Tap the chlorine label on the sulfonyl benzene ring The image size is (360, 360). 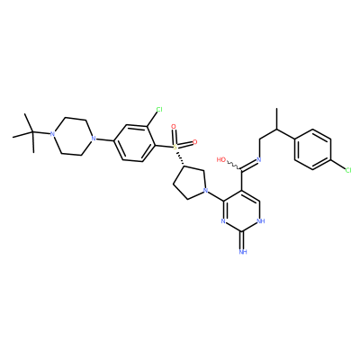pyautogui.click(x=159, y=110)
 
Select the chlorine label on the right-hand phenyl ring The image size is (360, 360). pyautogui.click(x=348, y=170)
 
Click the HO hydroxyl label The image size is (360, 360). pyautogui.click(x=221, y=159)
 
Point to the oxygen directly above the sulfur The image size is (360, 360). pyautogui.click(x=173, y=127)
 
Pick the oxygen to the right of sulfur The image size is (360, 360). pyautogui.click(x=194, y=141)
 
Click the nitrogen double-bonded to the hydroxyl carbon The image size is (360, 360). pyautogui.click(x=258, y=159)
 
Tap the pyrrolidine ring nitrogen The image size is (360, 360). pyautogui.click(x=205, y=190)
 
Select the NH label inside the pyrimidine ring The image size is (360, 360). pyautogui.click(x=261, y=221)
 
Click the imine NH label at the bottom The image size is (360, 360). pyautogui.click(x=243, y=251)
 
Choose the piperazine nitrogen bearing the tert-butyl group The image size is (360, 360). pyautogui.click(x=52, y=134)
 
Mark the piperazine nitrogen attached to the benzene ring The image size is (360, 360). pyautogui.click(x=94, y=139)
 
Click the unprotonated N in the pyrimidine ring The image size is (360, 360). pyautogui.click(x=223, y=221)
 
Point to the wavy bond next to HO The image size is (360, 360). pyautogui.click(x=234, y=166)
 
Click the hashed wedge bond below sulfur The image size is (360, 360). pyautogui.click(x=179, y=158)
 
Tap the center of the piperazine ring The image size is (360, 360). pyautogui.click(x=73, y=136)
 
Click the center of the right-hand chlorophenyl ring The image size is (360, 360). pyautogui.click(x=313, y=149)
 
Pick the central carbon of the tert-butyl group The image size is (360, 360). pyautogui.click(x=32, y=132)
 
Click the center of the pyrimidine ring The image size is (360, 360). pyautogui.click(x=242, y=211)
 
